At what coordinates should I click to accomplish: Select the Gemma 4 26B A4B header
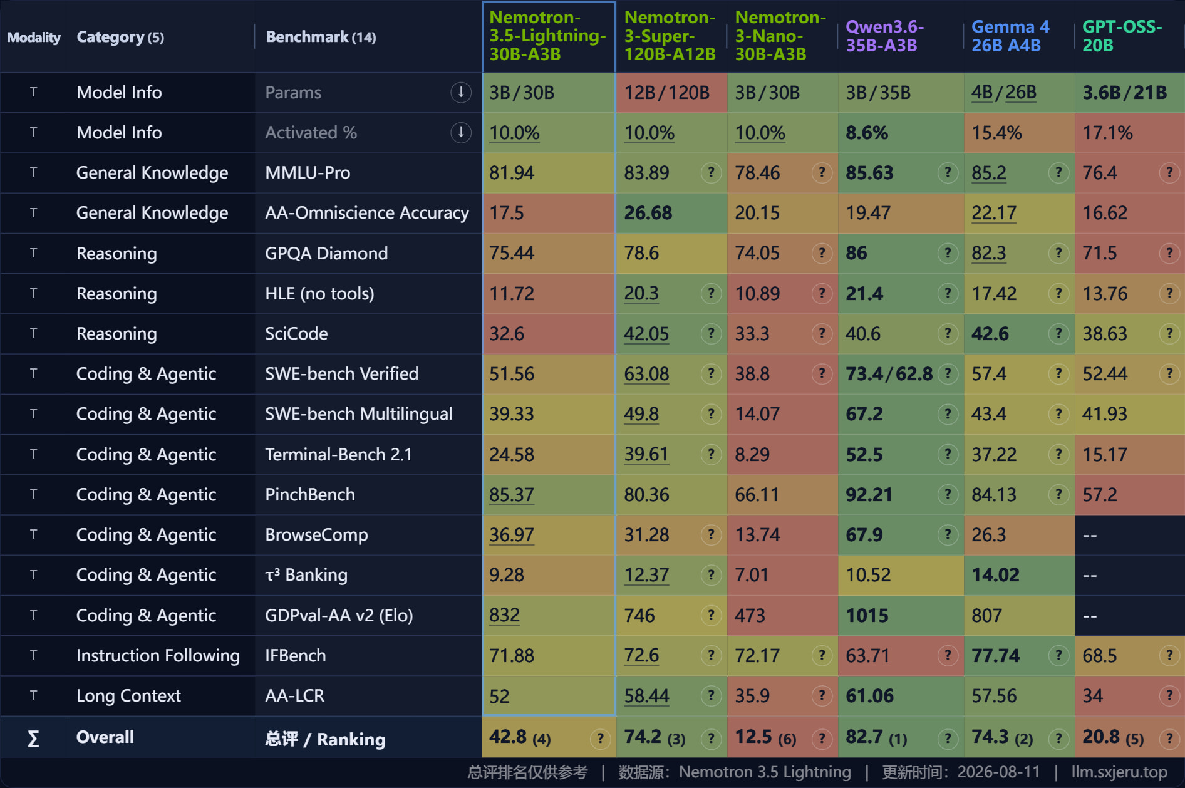[x=1010, y=36]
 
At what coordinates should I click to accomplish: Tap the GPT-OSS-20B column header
[x=1122, y=36]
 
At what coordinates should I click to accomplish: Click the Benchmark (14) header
[x=321, y=37]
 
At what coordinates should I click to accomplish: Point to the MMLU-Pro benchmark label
[x=308, y=173]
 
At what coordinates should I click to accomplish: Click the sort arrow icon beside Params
[x=461, y=92]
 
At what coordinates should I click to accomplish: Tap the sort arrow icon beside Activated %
[x=461, y=132]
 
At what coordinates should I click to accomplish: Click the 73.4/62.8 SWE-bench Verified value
[x=889, y=374]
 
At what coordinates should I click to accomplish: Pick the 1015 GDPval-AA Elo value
[x=867, y=616]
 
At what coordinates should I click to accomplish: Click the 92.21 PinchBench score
[x=869, y=495]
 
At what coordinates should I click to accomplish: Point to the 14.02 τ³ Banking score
[x=995, y=575]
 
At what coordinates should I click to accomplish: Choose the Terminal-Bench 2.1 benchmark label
[x=338, y=454]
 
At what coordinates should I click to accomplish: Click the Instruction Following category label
[x=158, y=656]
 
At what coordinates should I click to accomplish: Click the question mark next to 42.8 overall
[x=600, y=739]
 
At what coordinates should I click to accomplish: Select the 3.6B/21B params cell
[x=1124, y=93]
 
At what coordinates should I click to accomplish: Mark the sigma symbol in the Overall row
[x=34, y=739]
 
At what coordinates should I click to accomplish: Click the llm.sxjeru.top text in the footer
[x=1119, y=772]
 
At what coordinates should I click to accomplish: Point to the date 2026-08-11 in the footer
[x=998, y=772]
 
